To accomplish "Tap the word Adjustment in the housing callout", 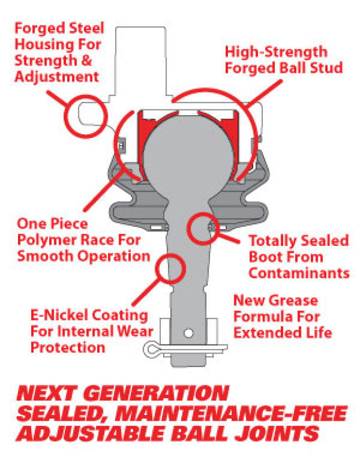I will tap(56, 76).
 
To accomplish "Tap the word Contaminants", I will tap(299, 273).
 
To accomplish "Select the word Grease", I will tap(294, 301).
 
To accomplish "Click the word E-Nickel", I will tap(57, 315).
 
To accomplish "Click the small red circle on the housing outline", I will tap(86, 115).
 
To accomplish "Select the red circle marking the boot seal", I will tap(203, 227).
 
